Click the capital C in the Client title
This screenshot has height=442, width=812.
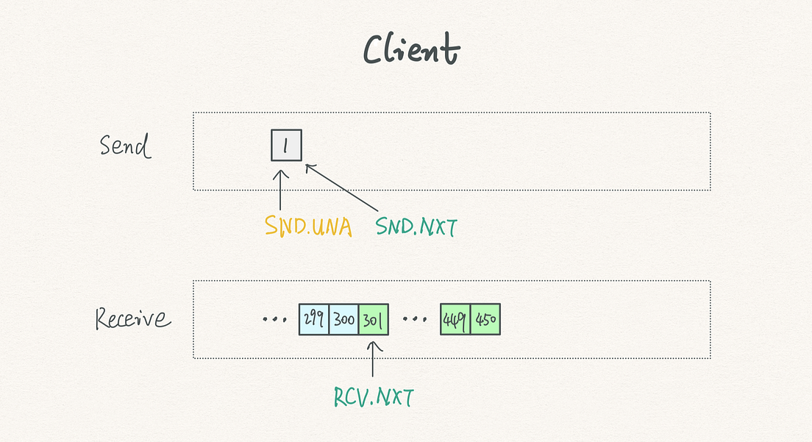[377, 50]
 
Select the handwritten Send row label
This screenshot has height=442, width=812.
[125, 146]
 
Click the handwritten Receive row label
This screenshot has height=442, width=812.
[132, 318]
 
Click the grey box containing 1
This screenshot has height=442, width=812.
[286, 145]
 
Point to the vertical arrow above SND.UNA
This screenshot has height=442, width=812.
[281, 189]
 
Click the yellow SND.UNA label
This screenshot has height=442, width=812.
[308, 227]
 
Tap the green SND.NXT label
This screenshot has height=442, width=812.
[416, 227]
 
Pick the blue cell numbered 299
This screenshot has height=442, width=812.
[314, 319]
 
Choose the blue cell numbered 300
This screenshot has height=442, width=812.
[343, 319]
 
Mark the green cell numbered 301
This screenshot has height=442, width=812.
[373, 319]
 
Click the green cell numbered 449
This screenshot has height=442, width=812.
[455, 319]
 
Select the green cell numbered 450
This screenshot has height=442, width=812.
[485, 319]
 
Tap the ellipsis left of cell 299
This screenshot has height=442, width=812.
[275, 320]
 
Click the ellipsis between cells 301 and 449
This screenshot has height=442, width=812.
[415, 320]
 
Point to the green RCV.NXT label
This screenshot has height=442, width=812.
[373, 397]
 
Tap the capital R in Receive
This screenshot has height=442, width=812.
[104, 318]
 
